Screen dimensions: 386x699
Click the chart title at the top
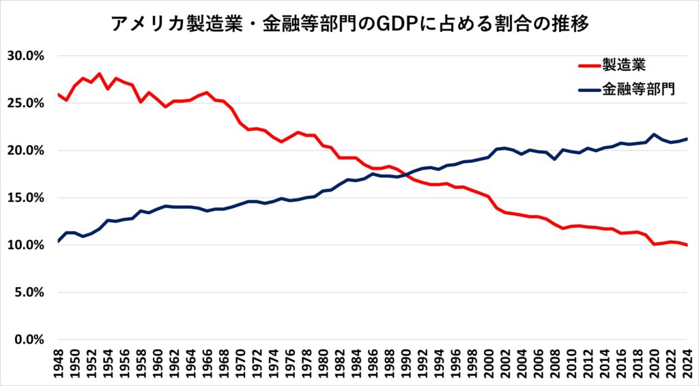click(x=349, y=24)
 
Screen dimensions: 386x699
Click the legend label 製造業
click(x=623, y=65)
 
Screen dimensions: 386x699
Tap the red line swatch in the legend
click(x=588, y=66)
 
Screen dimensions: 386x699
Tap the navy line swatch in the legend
click(x=588, y=89)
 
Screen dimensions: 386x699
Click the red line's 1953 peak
click(x=100, y=74)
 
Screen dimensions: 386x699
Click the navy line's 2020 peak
click(x=654, y=134)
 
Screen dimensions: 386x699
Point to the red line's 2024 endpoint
click(x=687, y=246)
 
